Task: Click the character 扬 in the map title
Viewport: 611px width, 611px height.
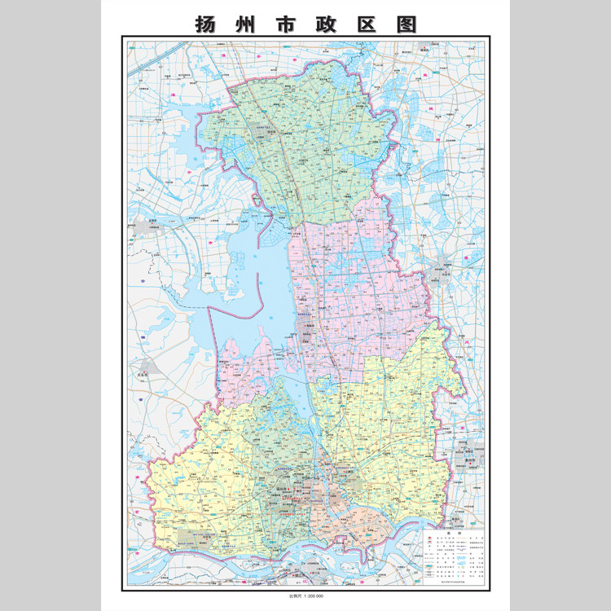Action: pyautogui.click(x=205, y=24)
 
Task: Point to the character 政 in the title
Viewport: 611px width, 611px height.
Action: pyautogui.click(x=327, y=24)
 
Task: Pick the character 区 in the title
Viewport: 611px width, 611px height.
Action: pyautogui.click(x=367, y=24)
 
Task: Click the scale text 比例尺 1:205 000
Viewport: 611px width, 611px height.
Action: pyautogui.click(x=305, y=597)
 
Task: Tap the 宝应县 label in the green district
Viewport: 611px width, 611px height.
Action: pyautogui.click(x=262, y=127)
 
